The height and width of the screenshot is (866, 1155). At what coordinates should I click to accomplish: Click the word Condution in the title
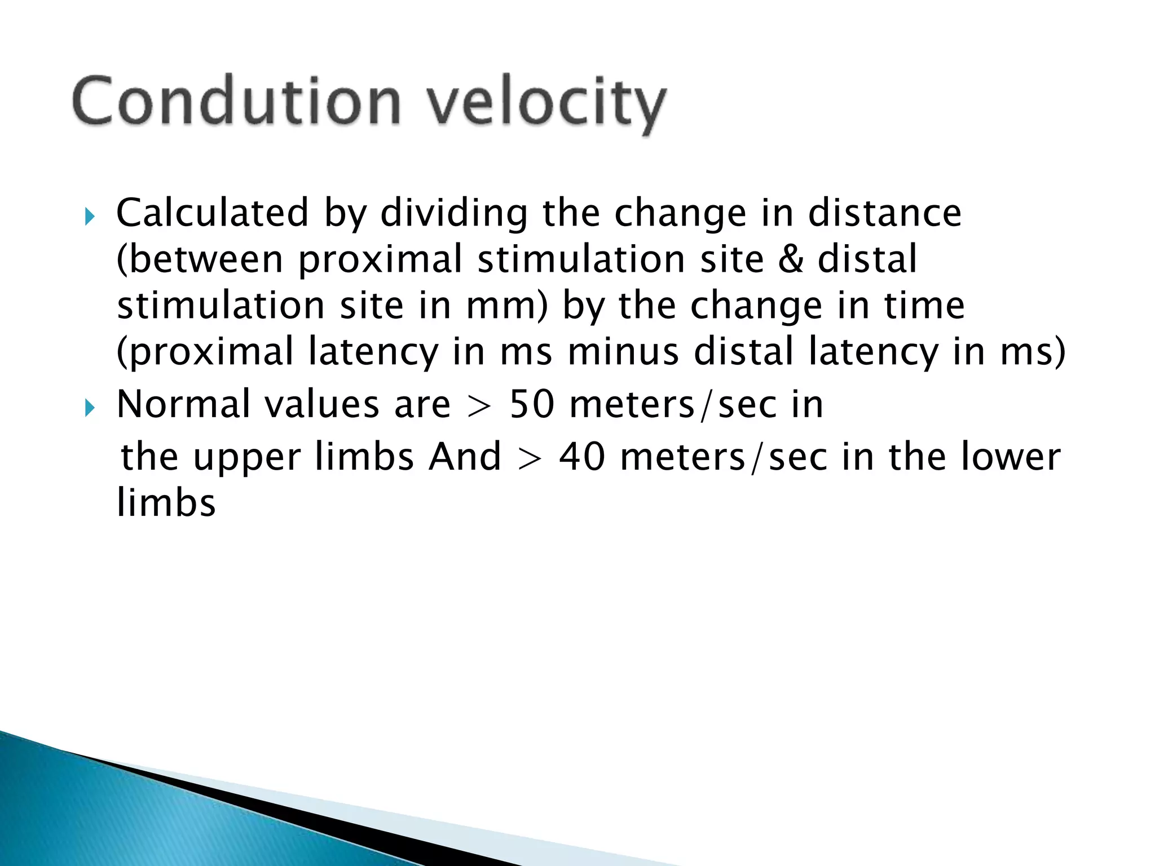click(237, 101)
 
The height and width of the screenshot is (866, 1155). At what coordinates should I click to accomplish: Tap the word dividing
click(455, 214)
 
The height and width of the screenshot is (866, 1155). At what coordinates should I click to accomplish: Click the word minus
click(623, 352)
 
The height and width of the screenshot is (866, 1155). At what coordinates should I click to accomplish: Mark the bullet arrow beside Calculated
click(90, 216)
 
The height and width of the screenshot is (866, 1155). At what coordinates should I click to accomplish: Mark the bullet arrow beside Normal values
click(90, 407)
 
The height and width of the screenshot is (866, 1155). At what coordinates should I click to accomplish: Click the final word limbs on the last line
click(166, 503)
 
